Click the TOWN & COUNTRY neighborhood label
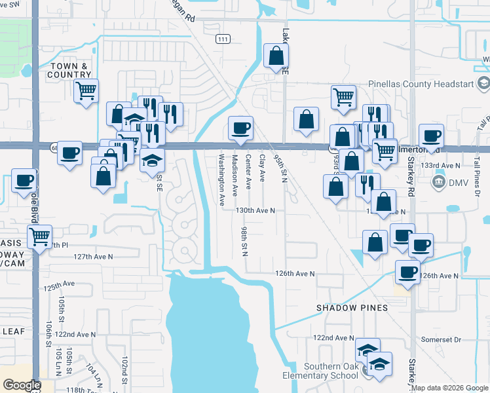pos(69,70)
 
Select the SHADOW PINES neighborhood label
pos(352,308)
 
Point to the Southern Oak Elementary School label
pos(330,371)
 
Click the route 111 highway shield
pos(223,39)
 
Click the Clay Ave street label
pos(262,168)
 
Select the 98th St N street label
pos(243,242)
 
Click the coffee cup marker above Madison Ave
pos(240,127)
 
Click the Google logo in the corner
pos(21,385)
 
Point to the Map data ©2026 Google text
pos(450,388)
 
